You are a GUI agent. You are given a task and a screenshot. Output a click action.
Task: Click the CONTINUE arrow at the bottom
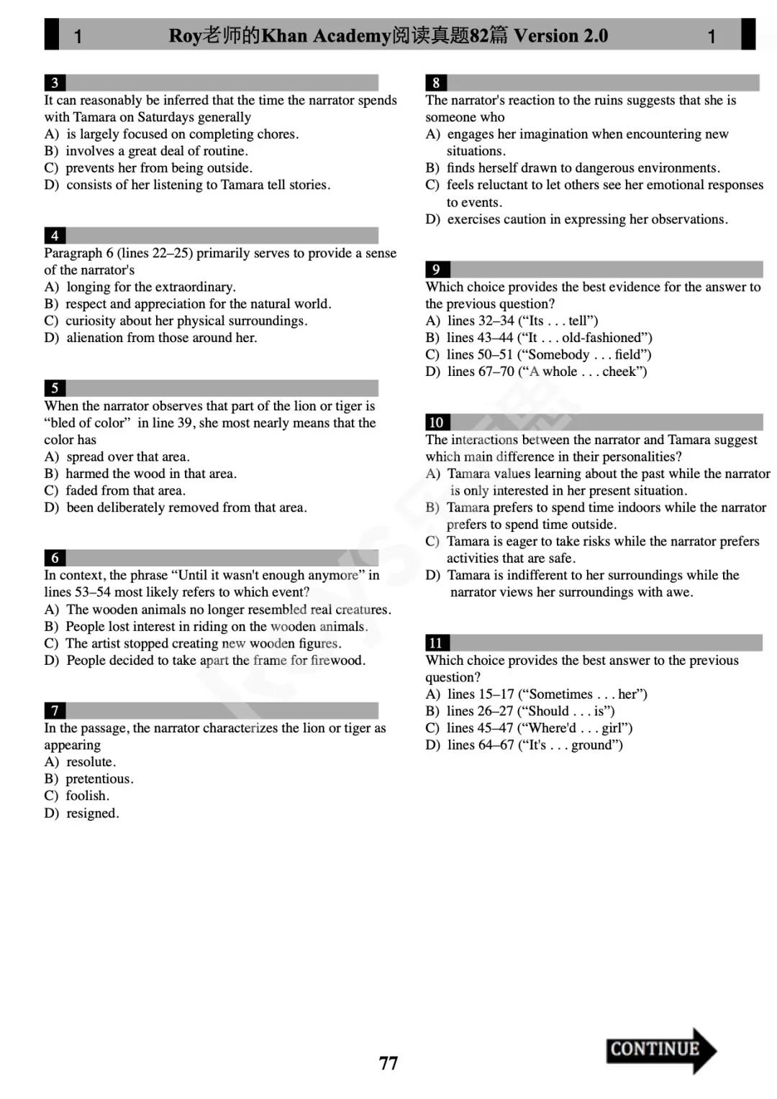660,1050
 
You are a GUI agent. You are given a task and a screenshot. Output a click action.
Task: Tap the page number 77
388,1063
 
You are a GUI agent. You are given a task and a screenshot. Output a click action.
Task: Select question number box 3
55,83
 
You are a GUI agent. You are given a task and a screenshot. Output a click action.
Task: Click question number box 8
436,83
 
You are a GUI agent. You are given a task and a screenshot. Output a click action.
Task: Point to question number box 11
436,643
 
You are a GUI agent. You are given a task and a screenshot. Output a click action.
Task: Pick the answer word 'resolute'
90,762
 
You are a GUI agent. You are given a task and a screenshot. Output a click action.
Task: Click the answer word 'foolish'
87,796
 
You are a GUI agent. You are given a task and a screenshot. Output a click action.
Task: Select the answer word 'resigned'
91,814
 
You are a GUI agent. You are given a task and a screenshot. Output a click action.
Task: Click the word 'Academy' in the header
350,35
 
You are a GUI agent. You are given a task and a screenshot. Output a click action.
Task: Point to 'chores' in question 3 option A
276,134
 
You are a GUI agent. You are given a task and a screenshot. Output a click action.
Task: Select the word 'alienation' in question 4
97,338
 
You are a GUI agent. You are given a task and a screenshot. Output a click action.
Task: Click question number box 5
55,388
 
